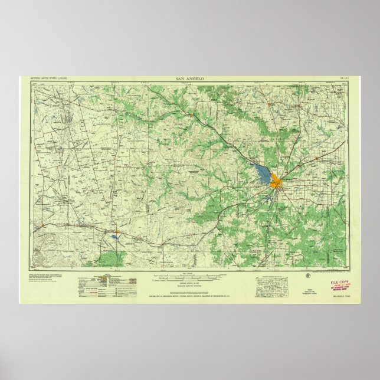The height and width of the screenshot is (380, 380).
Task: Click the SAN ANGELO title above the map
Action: coord(189,78)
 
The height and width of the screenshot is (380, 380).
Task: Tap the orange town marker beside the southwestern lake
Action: coord(119,231)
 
